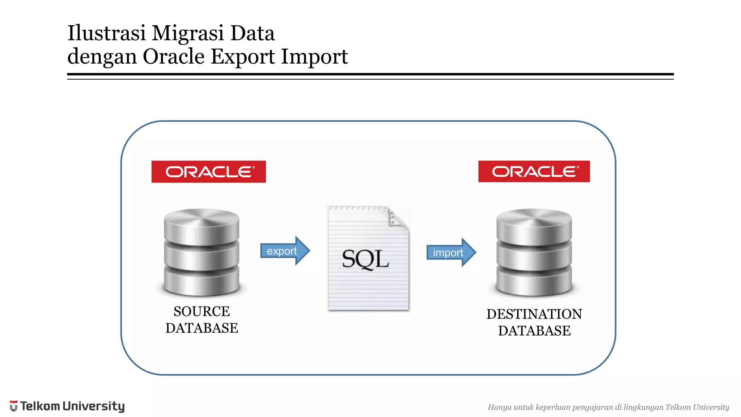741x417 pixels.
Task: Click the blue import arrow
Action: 451,253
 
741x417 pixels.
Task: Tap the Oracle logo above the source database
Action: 208,172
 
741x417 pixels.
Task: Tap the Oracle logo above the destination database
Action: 534,171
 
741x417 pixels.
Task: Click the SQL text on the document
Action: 365,259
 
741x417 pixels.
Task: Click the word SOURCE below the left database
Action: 202,311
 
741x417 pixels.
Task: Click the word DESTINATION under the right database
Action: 534,314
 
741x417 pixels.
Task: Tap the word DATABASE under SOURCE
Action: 202,328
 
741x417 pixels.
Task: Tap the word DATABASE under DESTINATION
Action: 534,331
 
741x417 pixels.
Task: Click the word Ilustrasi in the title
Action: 106,33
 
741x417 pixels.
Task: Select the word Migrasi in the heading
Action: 188,34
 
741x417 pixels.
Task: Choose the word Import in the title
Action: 314,57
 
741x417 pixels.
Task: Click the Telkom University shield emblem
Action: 14,406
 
